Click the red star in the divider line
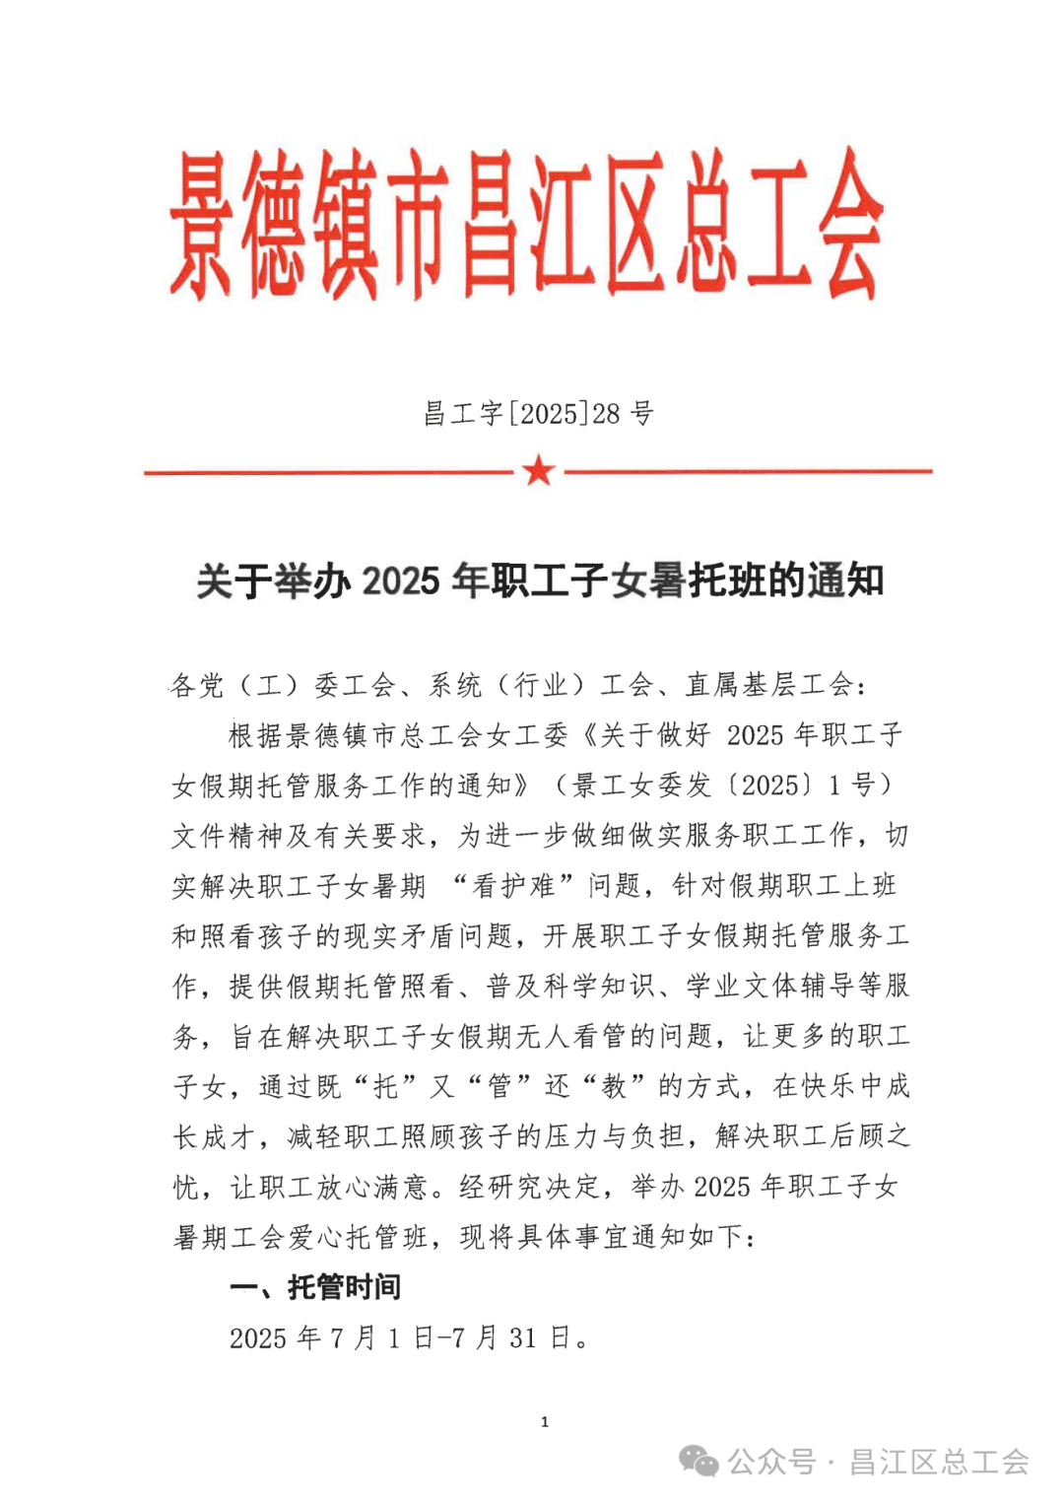pyautogui.click(x=539, y=470)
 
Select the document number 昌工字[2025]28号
pyautogui.click(x=538, y=413)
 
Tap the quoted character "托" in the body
pyautogui.click(x=385, y=1086)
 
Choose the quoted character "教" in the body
pyautogui.click(x=614, y=1086)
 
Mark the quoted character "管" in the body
pyautogui.click(x=499, y=1086)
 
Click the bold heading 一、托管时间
pyautogui.click(x=315, y=1287)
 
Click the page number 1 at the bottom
pyautogui.click(x=545, y=1421)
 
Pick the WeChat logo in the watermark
pyautogui.click(x=699, y=1461)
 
